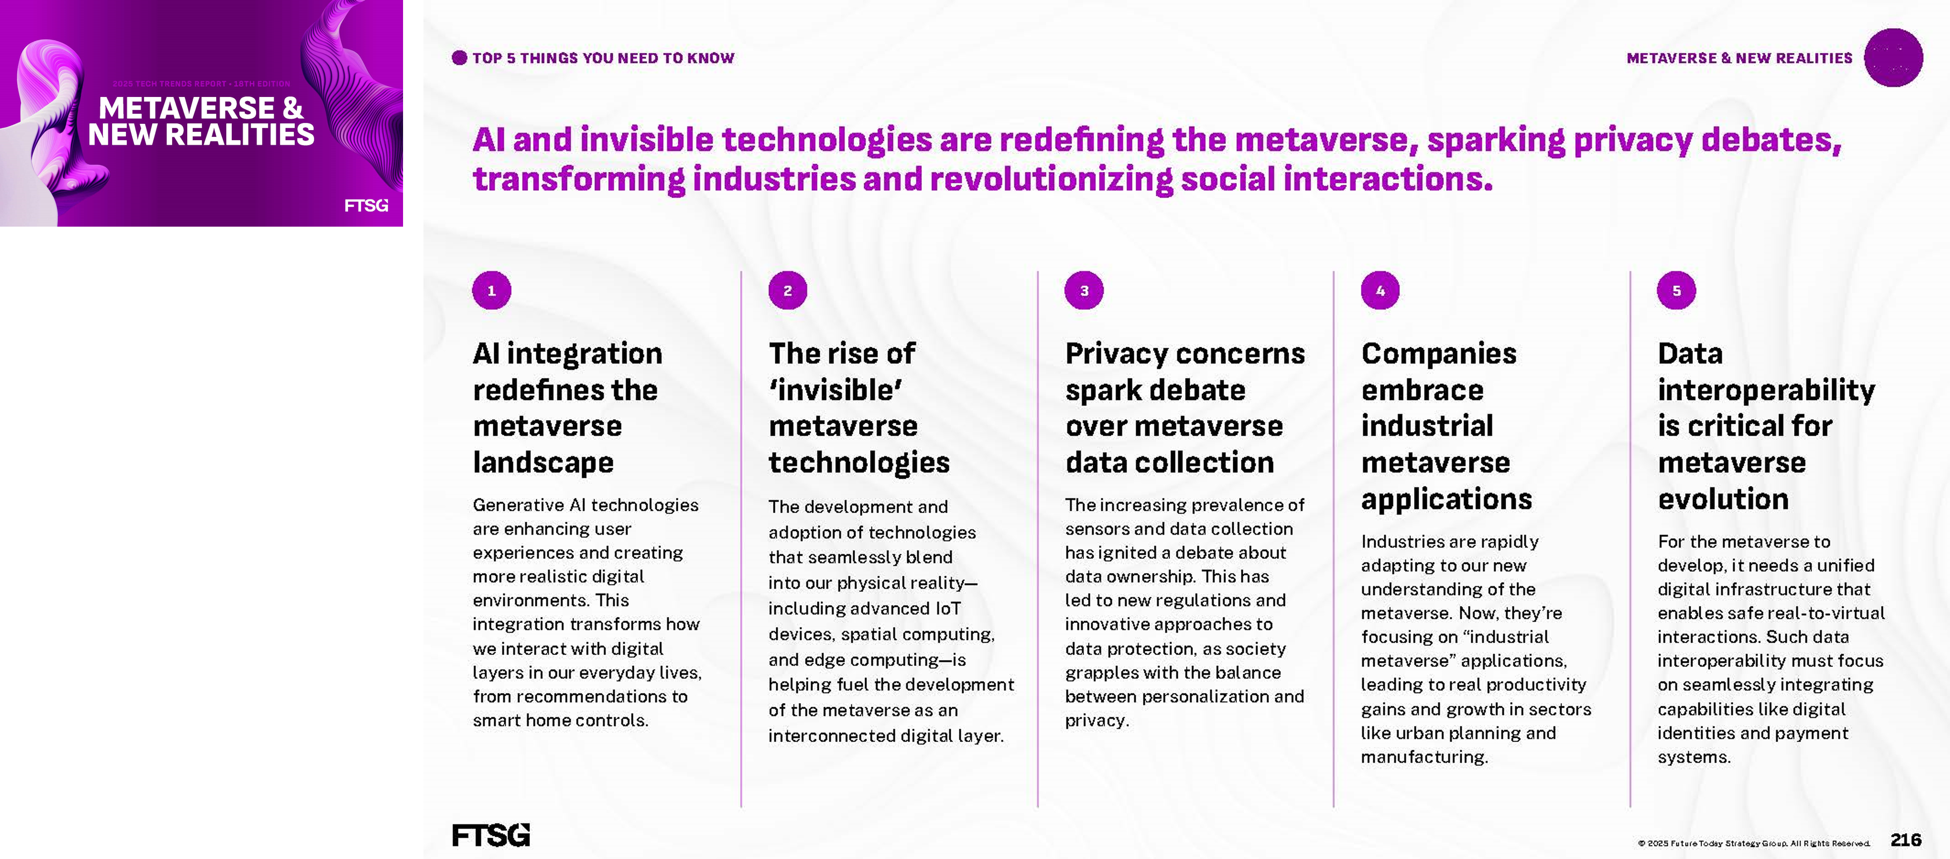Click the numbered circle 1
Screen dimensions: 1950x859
491,291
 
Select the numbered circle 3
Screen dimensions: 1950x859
1084,291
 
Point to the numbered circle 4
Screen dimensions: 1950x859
1380,291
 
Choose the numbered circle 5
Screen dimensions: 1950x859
1677,291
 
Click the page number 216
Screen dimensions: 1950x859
1905,840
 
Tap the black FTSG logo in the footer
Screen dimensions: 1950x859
491,835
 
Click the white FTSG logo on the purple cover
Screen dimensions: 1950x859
366,205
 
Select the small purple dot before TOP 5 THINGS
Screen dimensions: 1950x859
459,58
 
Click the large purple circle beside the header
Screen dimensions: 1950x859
1893,58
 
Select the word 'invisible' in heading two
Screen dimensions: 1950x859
836,390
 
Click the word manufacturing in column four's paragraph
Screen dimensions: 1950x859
1424,757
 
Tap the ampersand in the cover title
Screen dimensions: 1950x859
292,108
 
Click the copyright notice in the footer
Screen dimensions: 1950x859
1754,843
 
